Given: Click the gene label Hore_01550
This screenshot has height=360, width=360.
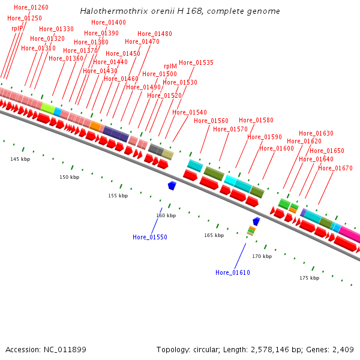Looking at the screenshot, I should pyautogui.click(x=150, y=237).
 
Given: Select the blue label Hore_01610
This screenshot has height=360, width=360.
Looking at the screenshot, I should pyautogui.click(x=233, y=272).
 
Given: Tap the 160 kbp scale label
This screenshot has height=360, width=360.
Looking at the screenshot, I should pyautogui.click(x=166, y=215).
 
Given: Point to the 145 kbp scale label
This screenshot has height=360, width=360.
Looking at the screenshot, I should pyautogui.click(x=20, y=159).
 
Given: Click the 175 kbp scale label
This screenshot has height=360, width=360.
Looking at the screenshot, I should pyautogui.click(x=309, y=278).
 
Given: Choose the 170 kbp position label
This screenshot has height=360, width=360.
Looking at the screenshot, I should pyautogui.click(x=262, y=256).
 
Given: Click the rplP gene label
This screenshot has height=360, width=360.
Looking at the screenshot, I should pyautogui.click(x=17, y=28).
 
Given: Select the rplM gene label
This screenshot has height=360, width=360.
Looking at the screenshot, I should pyautogui.click(x=170, y=67).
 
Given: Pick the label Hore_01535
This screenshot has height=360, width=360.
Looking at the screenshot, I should pyautogui.click(x=196, y=62).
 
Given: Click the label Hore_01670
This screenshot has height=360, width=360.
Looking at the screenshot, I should pyautogui.click(x=335, y=168).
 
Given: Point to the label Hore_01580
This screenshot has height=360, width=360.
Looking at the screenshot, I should pyautogui.click(x=256, y=120).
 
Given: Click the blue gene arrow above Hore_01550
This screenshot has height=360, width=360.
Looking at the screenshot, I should pyautogui.click(x=172, y=186).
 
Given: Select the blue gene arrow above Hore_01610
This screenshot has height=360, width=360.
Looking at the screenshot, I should pyautogui.click(x=256, y=221).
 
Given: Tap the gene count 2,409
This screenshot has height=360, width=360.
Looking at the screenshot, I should pyautogui.click(x=343, y=349).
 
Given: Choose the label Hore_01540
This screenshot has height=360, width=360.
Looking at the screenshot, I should pyautogui.click(x=190, y=112).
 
